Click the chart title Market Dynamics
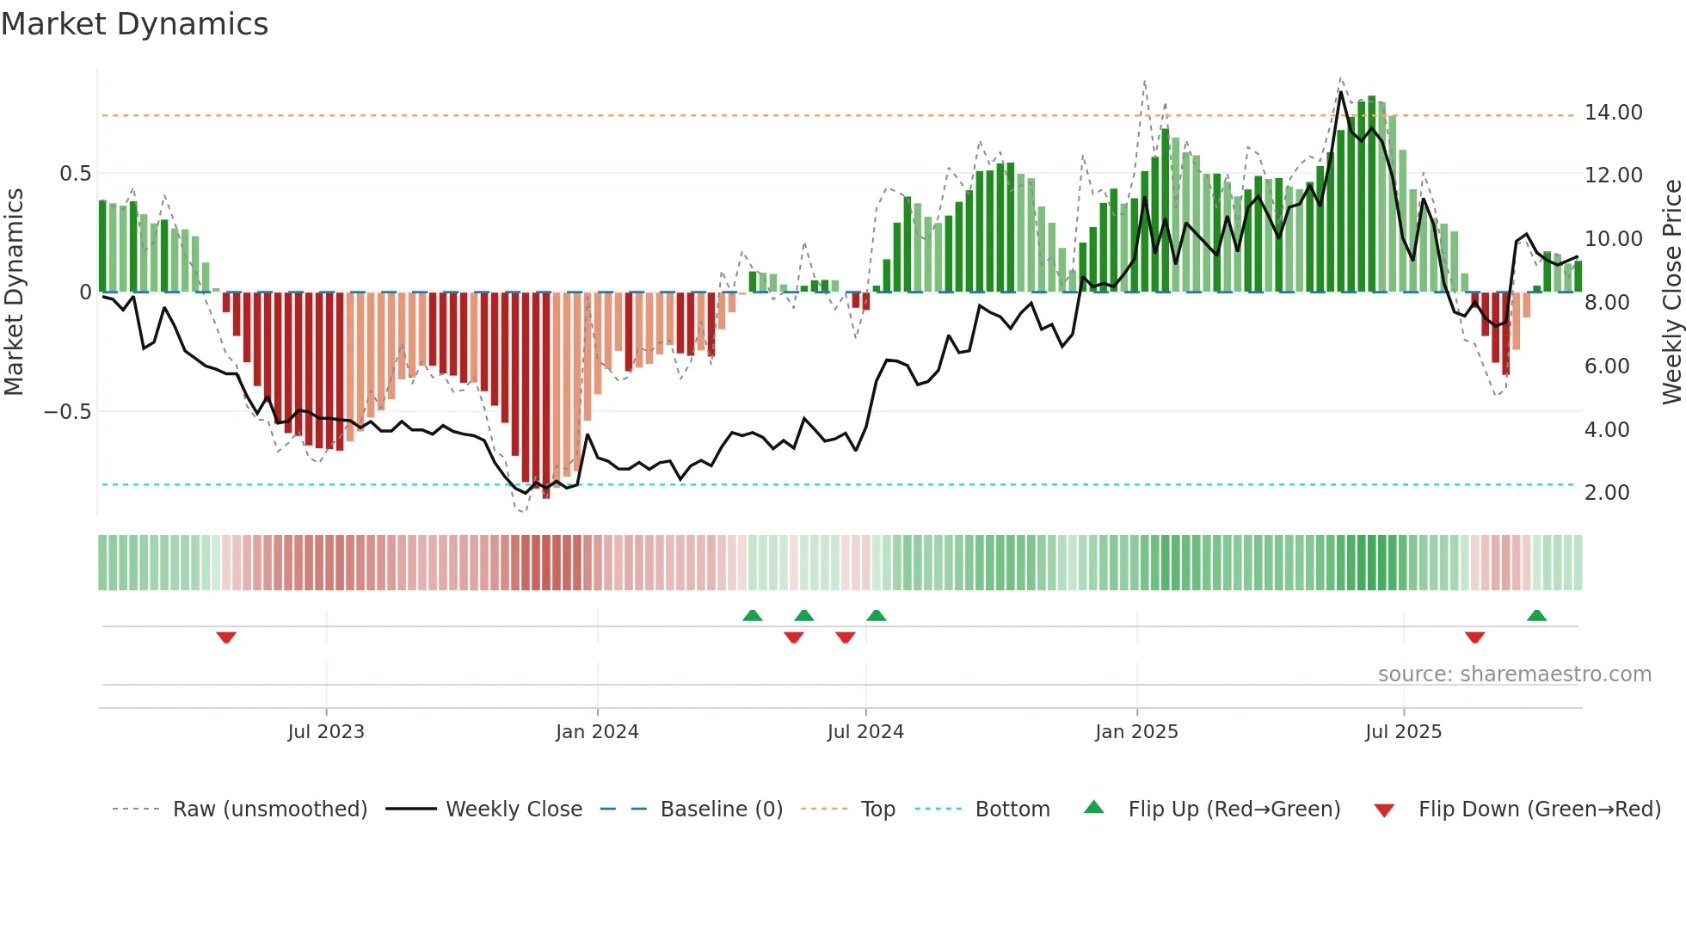click(134, 24)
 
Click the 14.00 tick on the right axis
click(1613, 113)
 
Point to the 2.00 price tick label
click(1606, 493)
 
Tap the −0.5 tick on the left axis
click(67, 412)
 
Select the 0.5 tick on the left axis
click(75, 174)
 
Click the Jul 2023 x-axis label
click(326, 732)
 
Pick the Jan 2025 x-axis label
click(1136, 732)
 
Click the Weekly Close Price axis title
click(1671, 292)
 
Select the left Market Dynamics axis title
click(14, 292)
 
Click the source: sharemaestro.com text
click(1514, 674)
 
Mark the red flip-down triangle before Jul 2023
click(226, 637)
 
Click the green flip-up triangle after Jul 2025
click(1536, 615)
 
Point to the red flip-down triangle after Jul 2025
click(1474, 637)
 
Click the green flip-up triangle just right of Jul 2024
click(876, 615)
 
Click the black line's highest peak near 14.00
click(1341, 92)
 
